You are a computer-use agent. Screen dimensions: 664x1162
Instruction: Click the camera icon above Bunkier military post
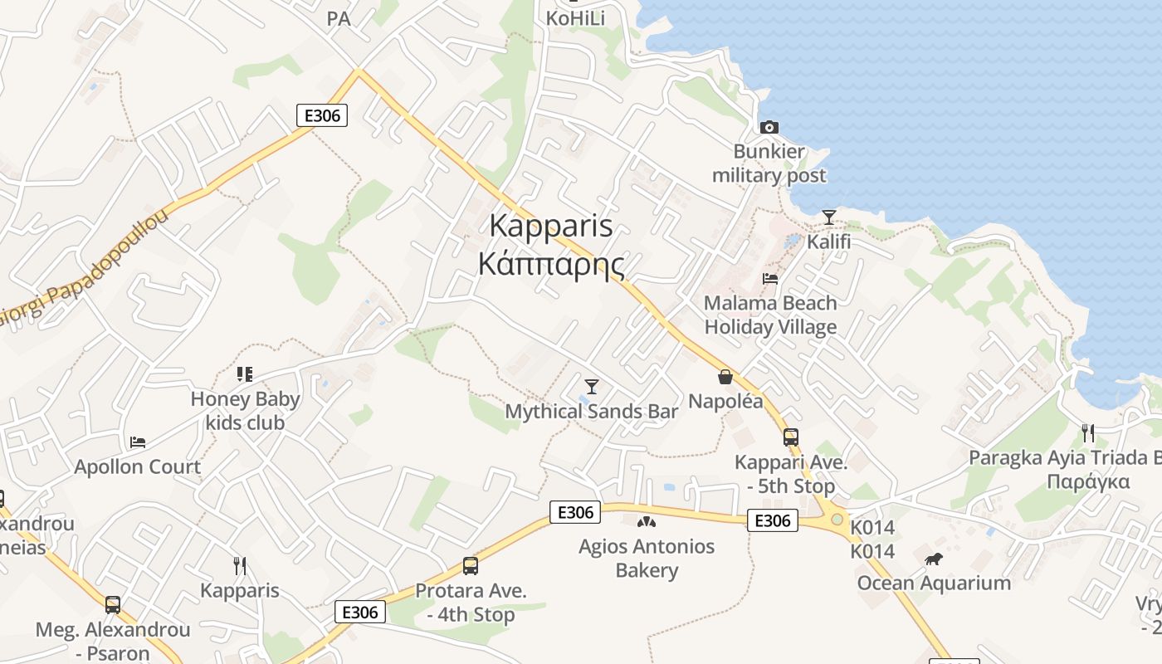point(769,127)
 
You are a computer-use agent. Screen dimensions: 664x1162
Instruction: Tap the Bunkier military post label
point(769,164)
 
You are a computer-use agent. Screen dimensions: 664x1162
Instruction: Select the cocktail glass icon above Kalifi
point(828,217)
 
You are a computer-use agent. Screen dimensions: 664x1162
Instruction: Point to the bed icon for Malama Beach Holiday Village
point(770,279)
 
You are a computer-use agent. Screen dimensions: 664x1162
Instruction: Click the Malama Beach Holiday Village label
point(770,315)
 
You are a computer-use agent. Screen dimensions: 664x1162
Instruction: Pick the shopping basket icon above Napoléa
point(725,377)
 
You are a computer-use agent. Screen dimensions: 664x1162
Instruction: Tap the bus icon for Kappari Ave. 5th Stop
point(790,437)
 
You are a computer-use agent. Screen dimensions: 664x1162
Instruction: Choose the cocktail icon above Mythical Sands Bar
point(592,386)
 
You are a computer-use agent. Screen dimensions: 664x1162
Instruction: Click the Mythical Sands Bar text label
point(592,411)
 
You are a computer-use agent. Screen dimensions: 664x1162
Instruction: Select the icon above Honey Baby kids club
point(244,374)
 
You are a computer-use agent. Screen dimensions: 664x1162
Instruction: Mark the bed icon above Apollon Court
point(138,442)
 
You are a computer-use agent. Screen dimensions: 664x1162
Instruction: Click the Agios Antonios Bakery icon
point(646,522)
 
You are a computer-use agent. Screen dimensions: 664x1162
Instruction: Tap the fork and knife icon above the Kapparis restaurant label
point(240,566)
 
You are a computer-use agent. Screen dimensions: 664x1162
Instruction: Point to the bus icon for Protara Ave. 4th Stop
point(471,566)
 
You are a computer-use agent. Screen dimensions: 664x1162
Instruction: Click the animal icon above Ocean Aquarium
point(934,559)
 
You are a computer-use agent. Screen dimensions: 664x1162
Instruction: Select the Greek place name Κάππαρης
point(551,265)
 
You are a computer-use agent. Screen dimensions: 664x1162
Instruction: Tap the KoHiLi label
point(575,18)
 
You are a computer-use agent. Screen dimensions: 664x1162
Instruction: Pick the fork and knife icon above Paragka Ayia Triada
point(1087,432)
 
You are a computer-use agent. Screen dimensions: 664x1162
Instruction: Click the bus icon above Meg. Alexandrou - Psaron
point(113,604)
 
